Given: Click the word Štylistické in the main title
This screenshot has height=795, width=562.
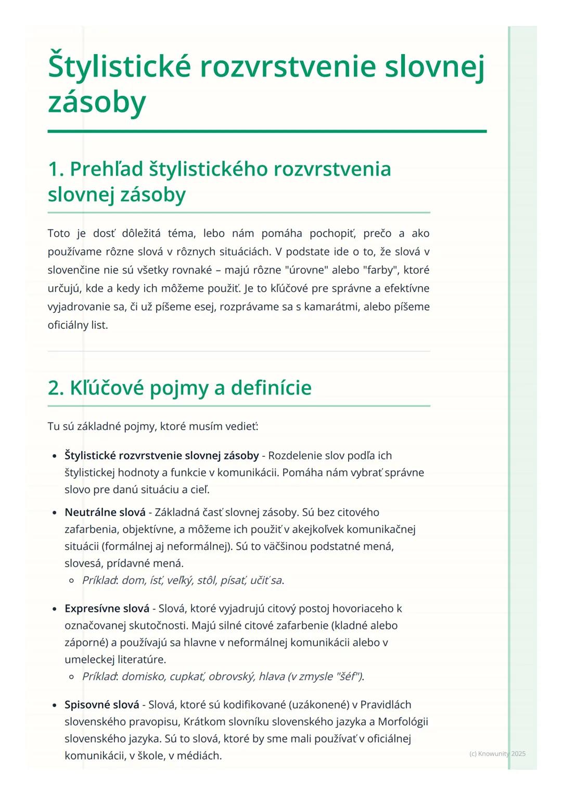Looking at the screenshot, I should click(119, 67).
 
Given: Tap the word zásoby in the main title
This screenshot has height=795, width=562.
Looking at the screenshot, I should click(97, 101).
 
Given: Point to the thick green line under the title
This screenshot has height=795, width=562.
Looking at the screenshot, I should click(267, 132).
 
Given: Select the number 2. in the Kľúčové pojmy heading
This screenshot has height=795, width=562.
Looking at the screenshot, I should click(56, 388).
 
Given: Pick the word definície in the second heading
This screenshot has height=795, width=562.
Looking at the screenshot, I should click(271, 388).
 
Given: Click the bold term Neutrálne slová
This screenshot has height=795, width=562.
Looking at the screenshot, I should click(105, 512).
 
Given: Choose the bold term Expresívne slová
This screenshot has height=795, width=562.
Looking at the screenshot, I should click(107, 609).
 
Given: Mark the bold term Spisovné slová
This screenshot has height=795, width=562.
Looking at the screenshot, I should click(102, 705).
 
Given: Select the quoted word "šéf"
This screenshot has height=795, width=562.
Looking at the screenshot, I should click(348, 676).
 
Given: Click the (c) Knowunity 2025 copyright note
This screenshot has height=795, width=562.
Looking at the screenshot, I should click(497, 754).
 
